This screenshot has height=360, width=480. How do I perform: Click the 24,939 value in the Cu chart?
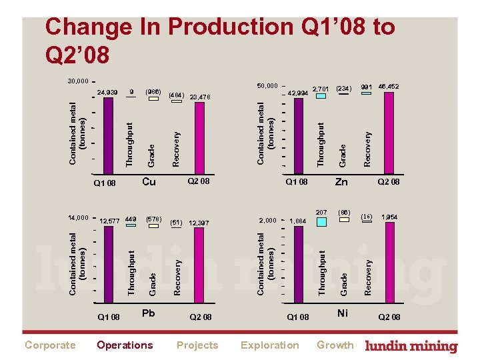107,92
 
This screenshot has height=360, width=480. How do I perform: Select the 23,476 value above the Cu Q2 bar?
200,97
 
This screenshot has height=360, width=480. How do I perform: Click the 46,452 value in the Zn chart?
388,87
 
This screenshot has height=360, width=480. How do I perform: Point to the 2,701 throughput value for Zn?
321,88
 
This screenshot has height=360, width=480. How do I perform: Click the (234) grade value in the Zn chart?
343,87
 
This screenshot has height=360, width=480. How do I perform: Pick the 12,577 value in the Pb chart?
109,222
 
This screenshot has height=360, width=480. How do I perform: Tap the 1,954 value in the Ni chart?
389,217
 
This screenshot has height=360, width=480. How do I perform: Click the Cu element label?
149,182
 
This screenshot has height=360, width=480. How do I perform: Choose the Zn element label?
341,182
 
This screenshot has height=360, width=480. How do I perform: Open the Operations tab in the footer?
125,345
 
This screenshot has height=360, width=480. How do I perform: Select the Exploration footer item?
269,345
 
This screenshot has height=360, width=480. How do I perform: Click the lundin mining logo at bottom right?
411,346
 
